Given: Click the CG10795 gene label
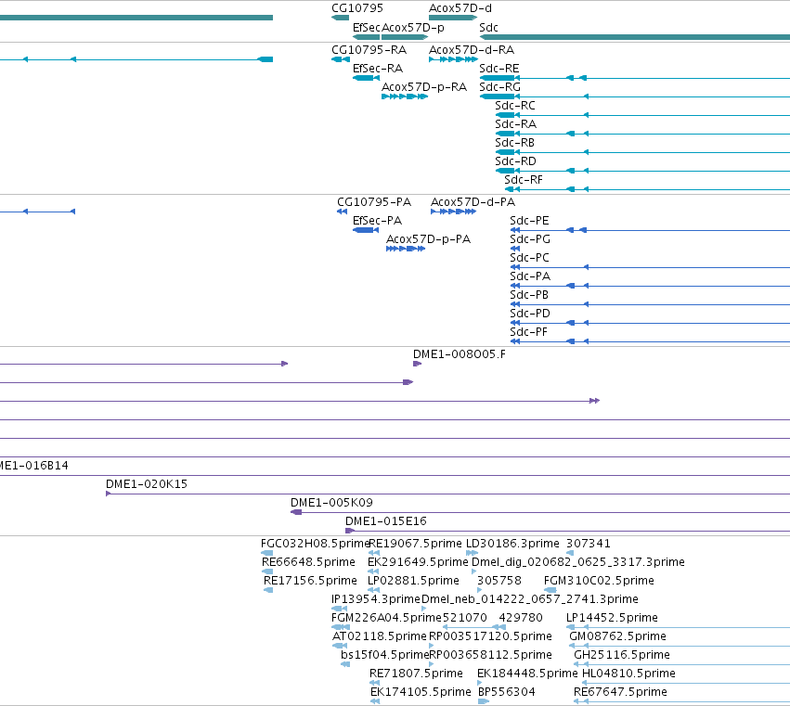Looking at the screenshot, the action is (x=357, y=8).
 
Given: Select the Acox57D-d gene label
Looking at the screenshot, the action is (x=460, y=8).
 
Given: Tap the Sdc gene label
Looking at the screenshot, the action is (x=488, y=27).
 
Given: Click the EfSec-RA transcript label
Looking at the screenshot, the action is (x=378, y=69).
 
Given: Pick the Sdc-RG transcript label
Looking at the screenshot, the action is (x=499, y=87).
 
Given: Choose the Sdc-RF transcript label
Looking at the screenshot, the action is (x=524, y=180).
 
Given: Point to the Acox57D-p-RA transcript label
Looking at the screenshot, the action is (x=424, y=87).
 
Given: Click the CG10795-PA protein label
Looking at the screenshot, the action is (x=374, y=202).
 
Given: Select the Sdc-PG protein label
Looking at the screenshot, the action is (x=529, y=239).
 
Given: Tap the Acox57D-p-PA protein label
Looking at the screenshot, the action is (x=428, y=239).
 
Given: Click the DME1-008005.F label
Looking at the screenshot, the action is (x=459, y=354).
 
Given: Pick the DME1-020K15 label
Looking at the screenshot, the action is (x=146, y=484).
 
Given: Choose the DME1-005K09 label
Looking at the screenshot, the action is (x=331, y=503).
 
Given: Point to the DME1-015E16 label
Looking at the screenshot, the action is (x=385, y=521).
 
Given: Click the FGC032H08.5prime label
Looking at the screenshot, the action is (x=315, y=544).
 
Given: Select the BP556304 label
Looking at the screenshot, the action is (x=506, y=692).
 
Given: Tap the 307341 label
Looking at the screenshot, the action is (x=588, y=544).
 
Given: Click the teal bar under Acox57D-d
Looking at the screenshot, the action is (x=452, y=19).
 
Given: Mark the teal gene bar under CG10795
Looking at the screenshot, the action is (x=340, y=19).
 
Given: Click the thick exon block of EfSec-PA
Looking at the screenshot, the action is (x=364, y=230).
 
